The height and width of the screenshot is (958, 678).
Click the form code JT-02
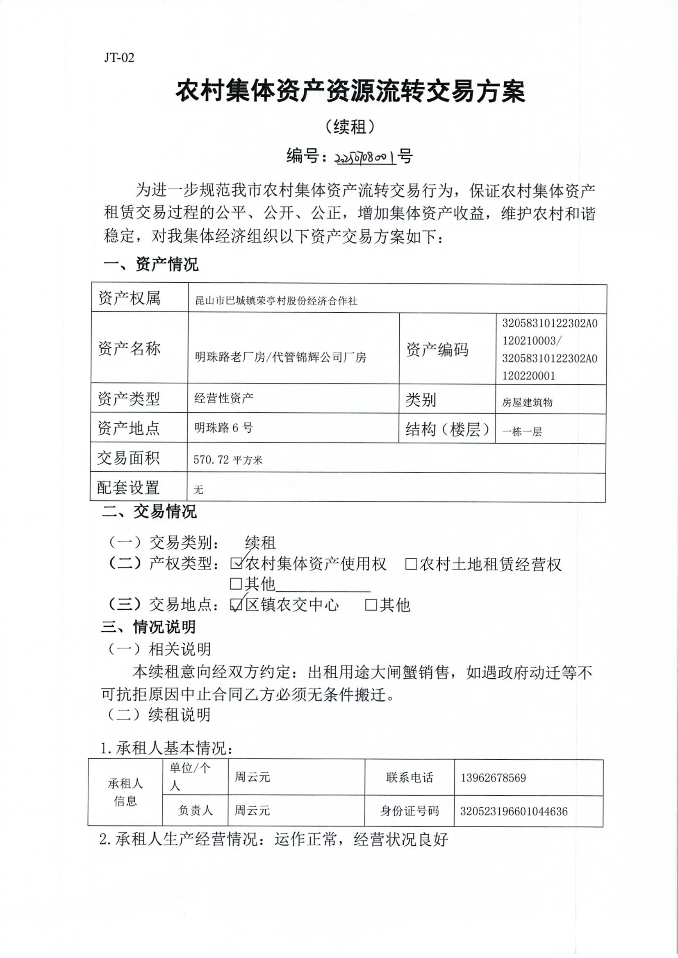click(119, 58)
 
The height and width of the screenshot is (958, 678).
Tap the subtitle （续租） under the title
click(350, 127)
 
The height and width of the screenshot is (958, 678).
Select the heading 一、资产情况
click(151, 264)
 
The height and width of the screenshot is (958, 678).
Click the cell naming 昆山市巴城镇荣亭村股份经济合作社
click(276, 301)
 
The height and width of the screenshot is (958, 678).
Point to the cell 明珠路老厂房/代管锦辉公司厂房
click(280, 357)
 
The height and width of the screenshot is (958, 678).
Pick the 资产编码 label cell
click(437, 349)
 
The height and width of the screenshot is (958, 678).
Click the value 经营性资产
click(224, 398)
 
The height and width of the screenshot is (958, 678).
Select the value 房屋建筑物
click(527, 402)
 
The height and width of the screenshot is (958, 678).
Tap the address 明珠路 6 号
click(224, 428)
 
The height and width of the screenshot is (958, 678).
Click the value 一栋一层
click(522, 432)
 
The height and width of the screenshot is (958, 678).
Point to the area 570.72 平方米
click(228, 460)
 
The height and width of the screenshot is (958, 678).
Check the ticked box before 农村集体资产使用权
click(236, 564)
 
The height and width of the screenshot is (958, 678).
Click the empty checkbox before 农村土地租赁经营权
click(411, 564)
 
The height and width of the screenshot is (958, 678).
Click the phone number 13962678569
click(493, 778)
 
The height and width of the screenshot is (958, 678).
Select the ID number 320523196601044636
click(514, 812)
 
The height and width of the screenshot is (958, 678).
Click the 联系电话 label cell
click(410, 777)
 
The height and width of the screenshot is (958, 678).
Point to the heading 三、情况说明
click(148, 627)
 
